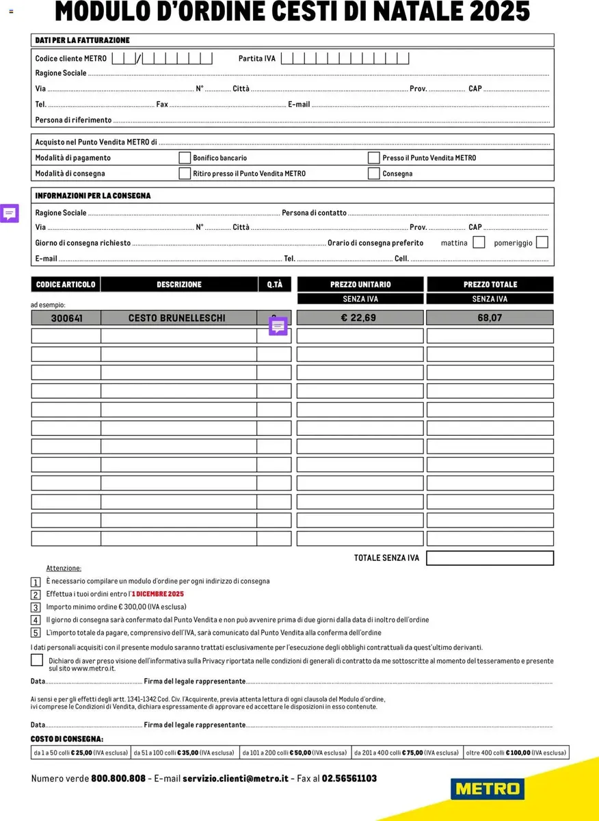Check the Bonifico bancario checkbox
[x=185, y=158]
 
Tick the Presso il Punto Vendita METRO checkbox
[x=373, y=158]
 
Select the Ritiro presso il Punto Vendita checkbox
[x=185, y=173]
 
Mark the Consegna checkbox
[x=373, y=173]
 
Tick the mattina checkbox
[x=479, y=242]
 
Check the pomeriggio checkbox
[x=542, y=242]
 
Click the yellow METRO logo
[x=488, y=788]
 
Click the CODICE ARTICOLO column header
[x=66, y=285]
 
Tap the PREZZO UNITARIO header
[x=360, y=285]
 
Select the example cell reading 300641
[x=66, y=318]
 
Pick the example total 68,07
[x=490, y=318]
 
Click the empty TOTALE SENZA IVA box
[x=490, y=558]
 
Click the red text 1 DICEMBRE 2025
[x=158, y=594]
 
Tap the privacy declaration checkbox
[x=37, y=660]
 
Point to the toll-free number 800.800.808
[x=118, y=779]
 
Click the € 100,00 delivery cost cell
[x=516, y=753]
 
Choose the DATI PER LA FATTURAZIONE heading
[x=82, y=40]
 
